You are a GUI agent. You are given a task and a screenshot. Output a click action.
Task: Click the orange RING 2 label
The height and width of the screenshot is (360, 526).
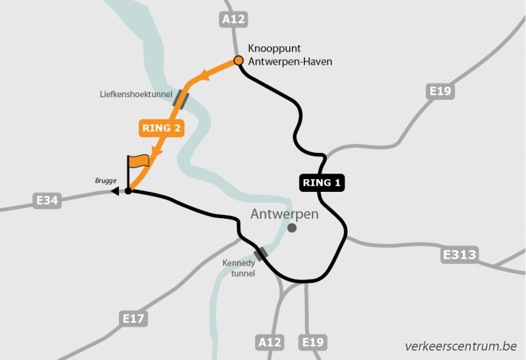coord(161,128)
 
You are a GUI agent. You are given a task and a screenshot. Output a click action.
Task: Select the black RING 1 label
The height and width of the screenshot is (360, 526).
coord(323,183)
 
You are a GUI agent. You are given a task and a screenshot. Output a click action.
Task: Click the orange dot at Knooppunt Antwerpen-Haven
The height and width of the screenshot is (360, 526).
coord(239,61)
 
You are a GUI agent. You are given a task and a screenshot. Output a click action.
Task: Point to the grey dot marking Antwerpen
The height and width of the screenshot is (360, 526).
coord(292,228)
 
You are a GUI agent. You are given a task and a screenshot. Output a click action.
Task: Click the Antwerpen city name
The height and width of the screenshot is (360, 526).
coord(285,214)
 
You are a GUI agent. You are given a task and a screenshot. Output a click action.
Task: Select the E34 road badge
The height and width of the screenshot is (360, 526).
coord(47,200)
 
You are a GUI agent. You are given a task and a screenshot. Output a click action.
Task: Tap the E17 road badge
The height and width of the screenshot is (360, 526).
coord(134,319)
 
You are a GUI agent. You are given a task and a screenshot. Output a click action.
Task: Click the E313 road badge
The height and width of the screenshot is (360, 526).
coord(460,254)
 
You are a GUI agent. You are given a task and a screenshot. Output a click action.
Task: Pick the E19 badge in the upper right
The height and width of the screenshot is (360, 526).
coord(440,91)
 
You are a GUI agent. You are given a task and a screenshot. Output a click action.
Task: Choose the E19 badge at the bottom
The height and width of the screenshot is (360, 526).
coord(313,342)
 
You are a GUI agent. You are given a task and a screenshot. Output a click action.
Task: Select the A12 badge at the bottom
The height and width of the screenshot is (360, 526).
coord(269,342)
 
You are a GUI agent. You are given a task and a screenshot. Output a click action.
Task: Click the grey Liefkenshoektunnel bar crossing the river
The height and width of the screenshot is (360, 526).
coord(180,99)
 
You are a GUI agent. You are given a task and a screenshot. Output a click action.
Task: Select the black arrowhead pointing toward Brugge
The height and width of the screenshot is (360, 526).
coord(114,191)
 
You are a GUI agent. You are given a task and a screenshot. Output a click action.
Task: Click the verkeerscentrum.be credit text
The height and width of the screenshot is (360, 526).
coord(461,346)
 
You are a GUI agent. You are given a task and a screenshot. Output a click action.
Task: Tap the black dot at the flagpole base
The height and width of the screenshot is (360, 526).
coord(128,191)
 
